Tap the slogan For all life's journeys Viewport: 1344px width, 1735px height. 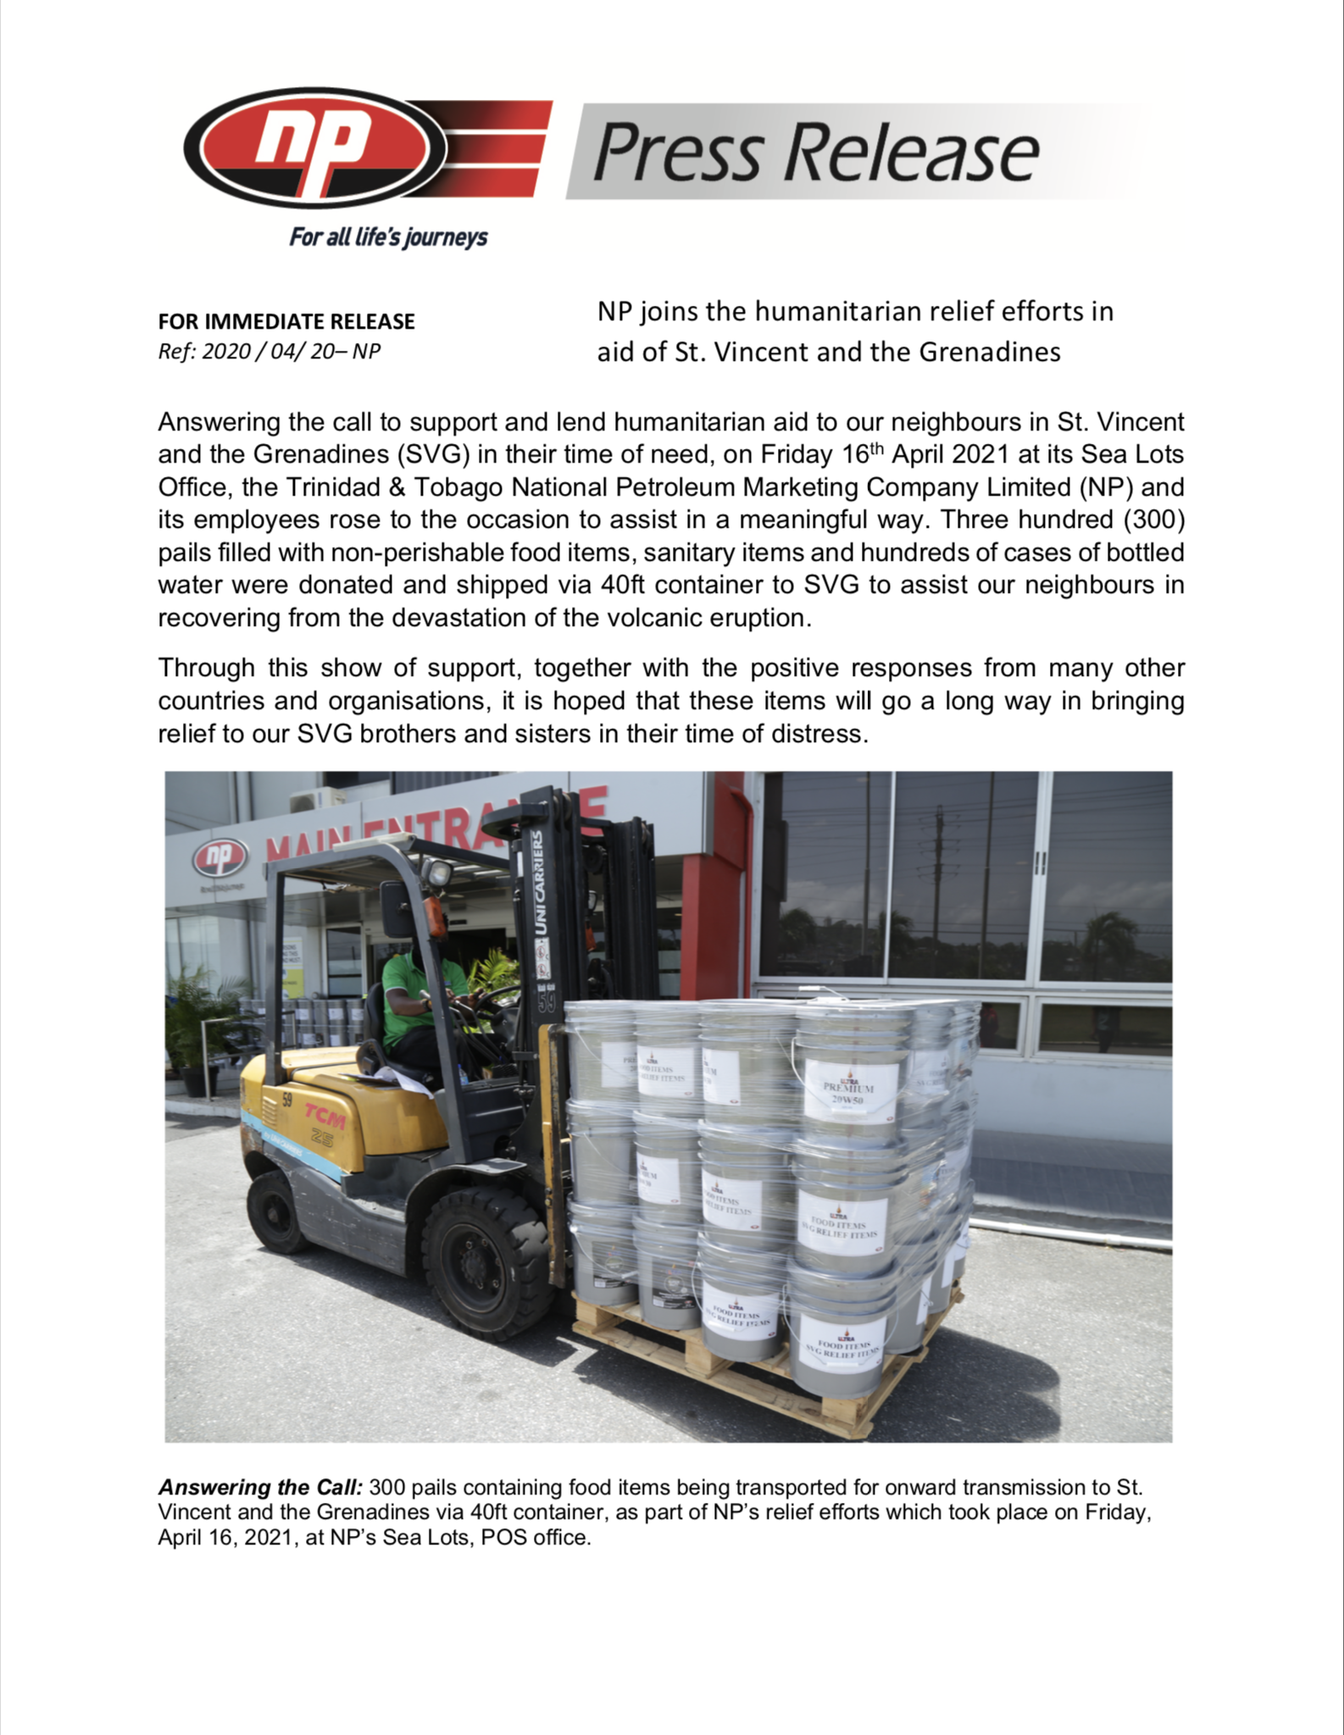[x=388, y=236]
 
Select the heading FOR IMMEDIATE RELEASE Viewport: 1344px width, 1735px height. [x=286, y=322]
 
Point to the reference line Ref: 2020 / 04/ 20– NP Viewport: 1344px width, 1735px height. [x=269, y=351]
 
